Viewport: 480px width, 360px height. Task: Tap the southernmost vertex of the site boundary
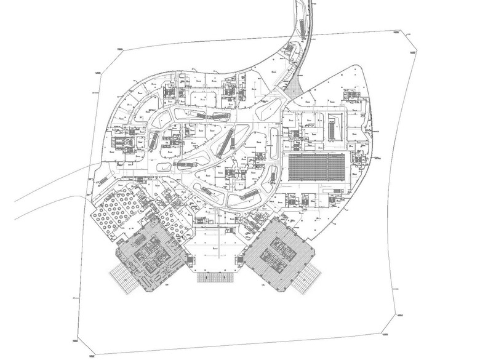[90, 355]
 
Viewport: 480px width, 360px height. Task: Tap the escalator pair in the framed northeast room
[334, 126]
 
